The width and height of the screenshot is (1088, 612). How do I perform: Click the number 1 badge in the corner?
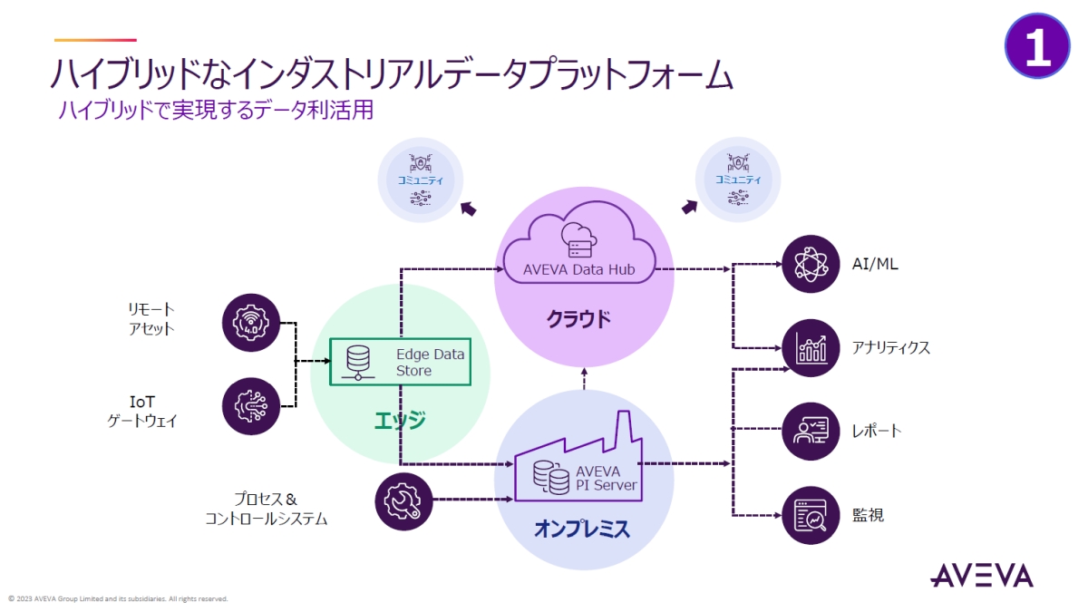(1037, 45)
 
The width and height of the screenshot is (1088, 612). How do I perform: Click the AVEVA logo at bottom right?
(981, 575)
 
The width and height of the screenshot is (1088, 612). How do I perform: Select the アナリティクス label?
(890, 348)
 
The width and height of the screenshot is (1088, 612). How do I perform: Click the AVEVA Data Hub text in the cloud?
(578, 269)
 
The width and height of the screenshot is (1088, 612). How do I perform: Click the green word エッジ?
(400, 421)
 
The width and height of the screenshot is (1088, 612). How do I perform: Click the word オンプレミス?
(581, 529)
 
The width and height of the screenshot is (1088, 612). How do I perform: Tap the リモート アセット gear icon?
(251, 321)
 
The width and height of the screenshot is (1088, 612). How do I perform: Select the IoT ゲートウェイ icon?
(251, 405)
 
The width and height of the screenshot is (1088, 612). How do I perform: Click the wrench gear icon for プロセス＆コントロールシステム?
(403, 500)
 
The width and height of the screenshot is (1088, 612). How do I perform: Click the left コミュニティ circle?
(421, 180)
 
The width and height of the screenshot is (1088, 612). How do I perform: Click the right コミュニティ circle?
(737, 180)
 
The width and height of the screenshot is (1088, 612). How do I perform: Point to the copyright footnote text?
(118, 598)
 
